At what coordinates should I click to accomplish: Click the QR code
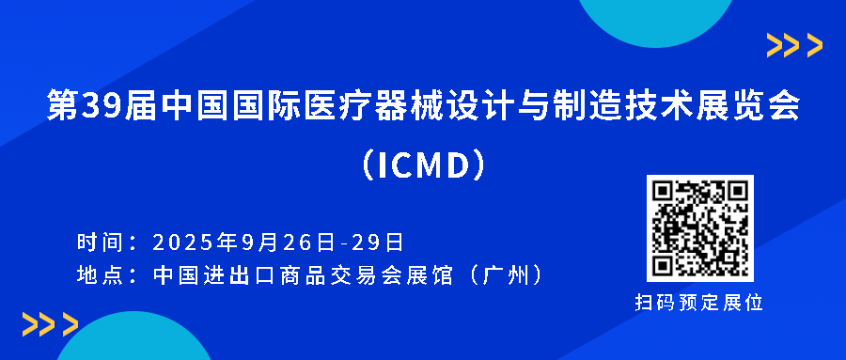[699, 228]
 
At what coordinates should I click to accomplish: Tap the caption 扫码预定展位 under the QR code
[699, 303]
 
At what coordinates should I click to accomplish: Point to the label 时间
[99, 243]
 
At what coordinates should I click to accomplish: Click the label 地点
[99, 275]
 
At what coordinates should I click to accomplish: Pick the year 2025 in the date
[183, 243]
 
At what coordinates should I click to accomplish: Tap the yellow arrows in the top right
[794, 44]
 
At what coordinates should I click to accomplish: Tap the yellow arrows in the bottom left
[50, 324]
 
